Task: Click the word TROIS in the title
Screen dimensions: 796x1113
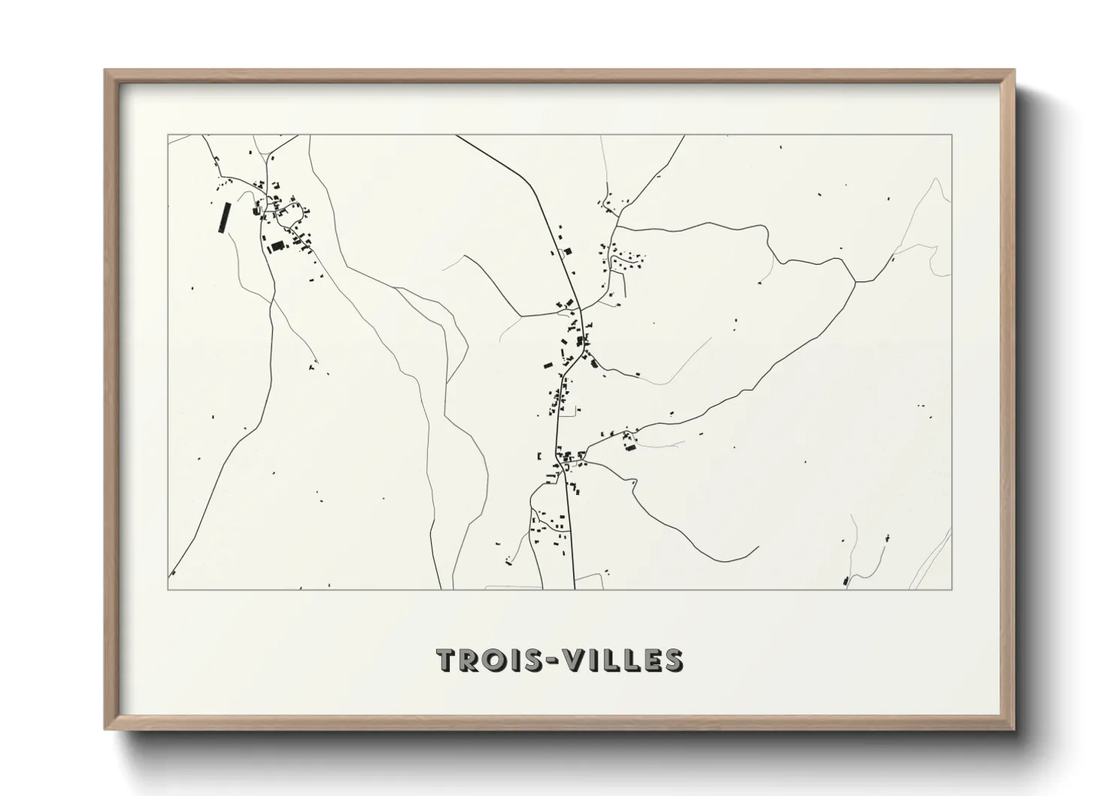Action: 484,660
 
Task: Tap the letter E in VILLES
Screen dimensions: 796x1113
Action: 648,660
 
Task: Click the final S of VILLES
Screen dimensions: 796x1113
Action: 672,660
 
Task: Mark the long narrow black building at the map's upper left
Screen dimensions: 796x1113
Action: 222,217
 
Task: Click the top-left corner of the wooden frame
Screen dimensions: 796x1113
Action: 105,70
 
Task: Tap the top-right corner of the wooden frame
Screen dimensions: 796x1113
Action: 1014,70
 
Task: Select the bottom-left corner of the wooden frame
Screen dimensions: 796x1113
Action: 105,729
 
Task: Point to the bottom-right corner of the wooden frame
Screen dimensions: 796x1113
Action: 1014,729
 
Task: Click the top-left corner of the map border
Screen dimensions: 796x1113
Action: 168,135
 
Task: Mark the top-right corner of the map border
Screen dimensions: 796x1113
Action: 952,135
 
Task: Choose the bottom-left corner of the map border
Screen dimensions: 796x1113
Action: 168,590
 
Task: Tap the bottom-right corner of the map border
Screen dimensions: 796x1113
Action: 952,590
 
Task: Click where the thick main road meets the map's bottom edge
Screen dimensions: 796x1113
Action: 574,589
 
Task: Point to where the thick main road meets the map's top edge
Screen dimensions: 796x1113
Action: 456,135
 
